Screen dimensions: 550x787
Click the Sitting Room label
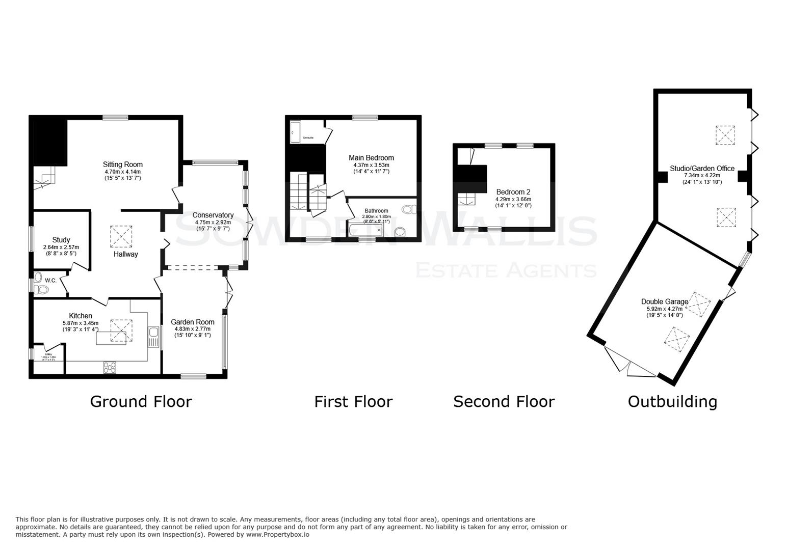click(122, 164)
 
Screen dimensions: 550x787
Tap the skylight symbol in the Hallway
click(121, 236)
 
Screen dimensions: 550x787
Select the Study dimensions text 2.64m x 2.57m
click(61, 247)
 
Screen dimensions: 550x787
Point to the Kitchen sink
click(153, 337)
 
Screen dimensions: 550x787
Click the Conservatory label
click(213, 215)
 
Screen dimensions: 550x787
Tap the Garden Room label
click(192, 322)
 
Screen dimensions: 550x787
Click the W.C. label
click(50, 281)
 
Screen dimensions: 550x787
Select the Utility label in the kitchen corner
click(48, 354)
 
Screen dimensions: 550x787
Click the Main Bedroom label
click(371, 158)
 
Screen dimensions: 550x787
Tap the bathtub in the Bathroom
click(365, 230)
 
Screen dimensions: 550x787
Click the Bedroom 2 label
click(513, 192)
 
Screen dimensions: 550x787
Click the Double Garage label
click(664, 301)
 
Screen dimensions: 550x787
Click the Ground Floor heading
click(141, 401)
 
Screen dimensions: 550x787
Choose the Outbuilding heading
click(672, 401)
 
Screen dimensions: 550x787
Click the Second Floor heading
click(503, 401)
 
